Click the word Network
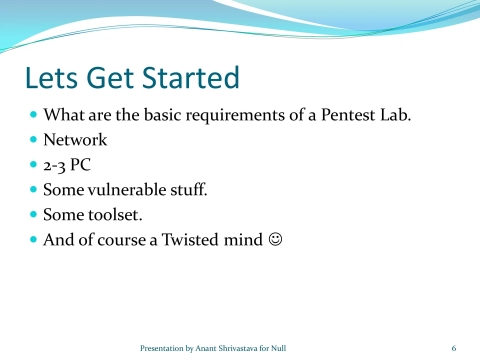(x=75, y=140)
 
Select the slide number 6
(x=453, y=347)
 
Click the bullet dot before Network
(x=33, y=140)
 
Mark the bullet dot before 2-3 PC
(x=33, y=165)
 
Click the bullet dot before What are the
(x=33, y=115)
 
